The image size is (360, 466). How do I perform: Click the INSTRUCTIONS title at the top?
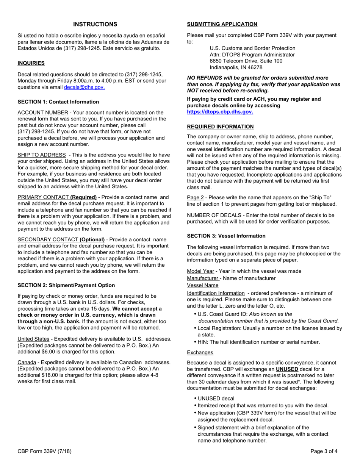[95, 24]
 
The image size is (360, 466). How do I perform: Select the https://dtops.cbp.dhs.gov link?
[220, 112]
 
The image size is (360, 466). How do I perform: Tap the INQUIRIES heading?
[31, 63]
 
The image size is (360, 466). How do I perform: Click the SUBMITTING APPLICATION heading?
[222, 24]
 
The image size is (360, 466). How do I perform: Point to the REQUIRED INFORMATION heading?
[220, 127]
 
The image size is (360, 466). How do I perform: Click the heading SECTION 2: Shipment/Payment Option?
[66, 285]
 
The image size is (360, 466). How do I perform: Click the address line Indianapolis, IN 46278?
[236, 67]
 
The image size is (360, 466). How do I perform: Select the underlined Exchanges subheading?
[200, 353]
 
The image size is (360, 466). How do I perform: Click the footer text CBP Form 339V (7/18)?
[44, 451]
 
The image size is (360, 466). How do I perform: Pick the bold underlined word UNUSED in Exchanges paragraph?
[286, 369]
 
